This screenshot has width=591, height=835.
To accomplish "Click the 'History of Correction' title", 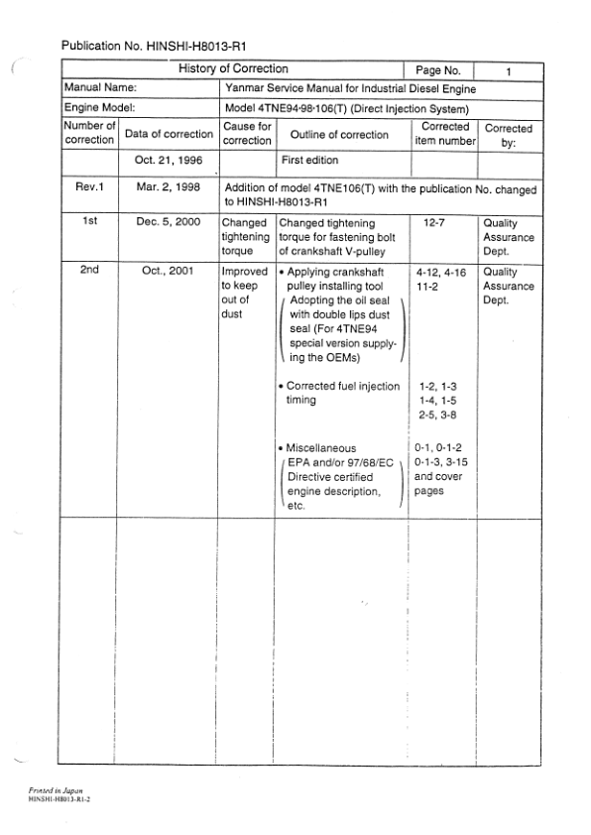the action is (233, 69).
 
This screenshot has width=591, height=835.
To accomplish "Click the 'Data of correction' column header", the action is (169, 134).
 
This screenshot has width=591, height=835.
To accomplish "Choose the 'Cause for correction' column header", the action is (247, 134).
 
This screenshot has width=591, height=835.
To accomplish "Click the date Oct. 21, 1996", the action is (168, 160).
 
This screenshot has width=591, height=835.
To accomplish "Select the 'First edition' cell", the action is (309, 160).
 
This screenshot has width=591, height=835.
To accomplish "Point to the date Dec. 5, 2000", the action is (168, 223).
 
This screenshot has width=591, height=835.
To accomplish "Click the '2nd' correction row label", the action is (90, 269).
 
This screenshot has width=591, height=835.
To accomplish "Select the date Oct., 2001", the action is (168, 269).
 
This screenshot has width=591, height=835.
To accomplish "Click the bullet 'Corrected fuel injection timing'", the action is (339, 393).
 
